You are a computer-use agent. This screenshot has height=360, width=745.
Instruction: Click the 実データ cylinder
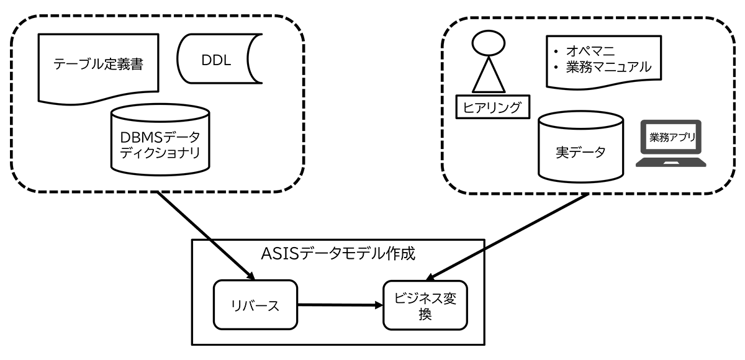pyautogui.click(x=579, y=149)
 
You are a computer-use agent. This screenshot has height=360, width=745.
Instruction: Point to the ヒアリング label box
pyautogui.click(x=492, y=107)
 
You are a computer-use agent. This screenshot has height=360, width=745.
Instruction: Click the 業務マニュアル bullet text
pyautogui.click(x=608, y=66)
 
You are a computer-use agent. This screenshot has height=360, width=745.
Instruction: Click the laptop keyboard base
pyautogui.click(x=670, y=163)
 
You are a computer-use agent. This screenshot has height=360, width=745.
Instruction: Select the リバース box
pyautogui.click(x=256, y=305)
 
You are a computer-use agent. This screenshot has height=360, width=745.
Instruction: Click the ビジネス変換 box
pyautogui.click(x=425, y=305)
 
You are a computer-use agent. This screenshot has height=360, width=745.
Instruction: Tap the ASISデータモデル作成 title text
pyautogui.click(x=338, y=254)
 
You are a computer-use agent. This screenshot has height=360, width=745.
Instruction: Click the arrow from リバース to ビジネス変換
pyautogui.click(x=338, y=305)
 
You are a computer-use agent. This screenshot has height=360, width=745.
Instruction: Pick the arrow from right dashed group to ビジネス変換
pyautogui.click(x=509, y=236)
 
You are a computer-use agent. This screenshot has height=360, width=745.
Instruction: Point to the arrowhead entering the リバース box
pyautogui.click(x=251, y=275)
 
